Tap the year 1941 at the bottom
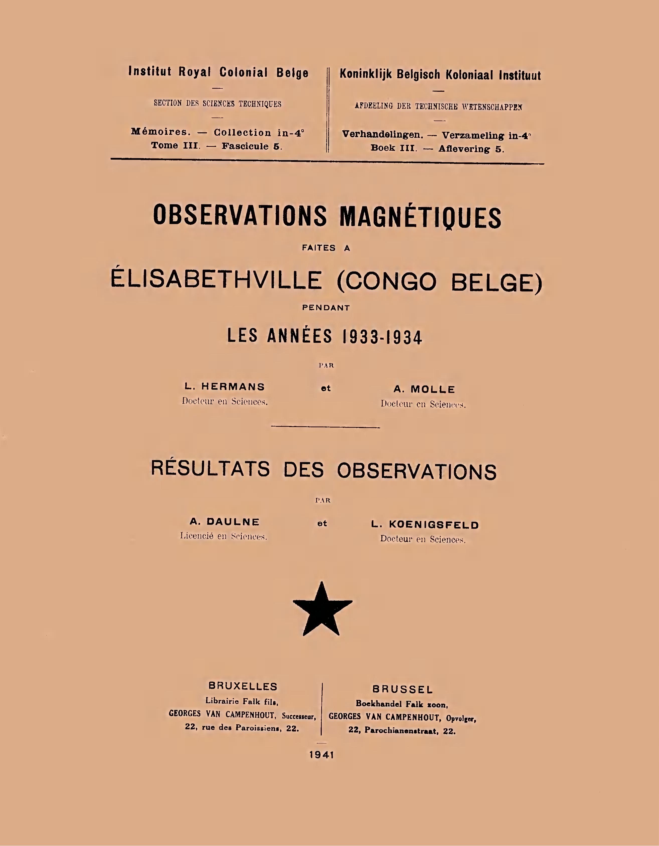(x=321, y=755)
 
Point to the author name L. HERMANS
(x=225, y=387)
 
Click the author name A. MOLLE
(x=424, y=389)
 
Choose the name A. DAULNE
(x=224, y=522)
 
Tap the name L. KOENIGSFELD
(x=425, y=525)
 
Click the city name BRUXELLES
(x=243, y=686)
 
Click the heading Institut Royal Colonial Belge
(x=218, y=72)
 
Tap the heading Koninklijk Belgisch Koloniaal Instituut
(x=440, y=75)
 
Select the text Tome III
(x=176, y=146)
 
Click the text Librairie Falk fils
(x=242, y=701)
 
